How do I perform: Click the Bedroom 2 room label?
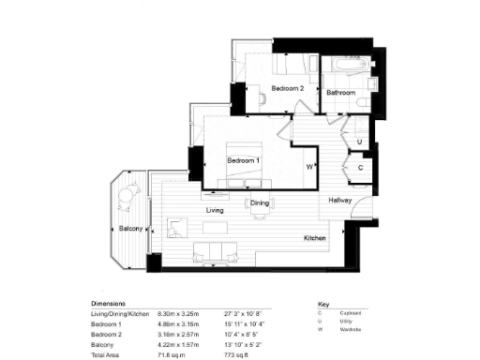tap(288, 88)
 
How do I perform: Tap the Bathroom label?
tap(340, 93)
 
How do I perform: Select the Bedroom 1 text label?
tap(243, 160)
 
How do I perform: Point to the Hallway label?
tap(339, 201)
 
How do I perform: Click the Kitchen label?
tap(314, 239)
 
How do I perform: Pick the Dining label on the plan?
tap(260, 203)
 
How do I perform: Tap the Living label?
tap(215, 211)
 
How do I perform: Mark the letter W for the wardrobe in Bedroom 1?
tap(308, 168)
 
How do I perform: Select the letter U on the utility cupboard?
tap(361, 142)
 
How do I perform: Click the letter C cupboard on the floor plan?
tap(361, 167)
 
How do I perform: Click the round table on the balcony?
tap(125, 197)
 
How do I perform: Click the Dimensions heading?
tap(110, 305)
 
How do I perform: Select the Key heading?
tap(324, 305)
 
